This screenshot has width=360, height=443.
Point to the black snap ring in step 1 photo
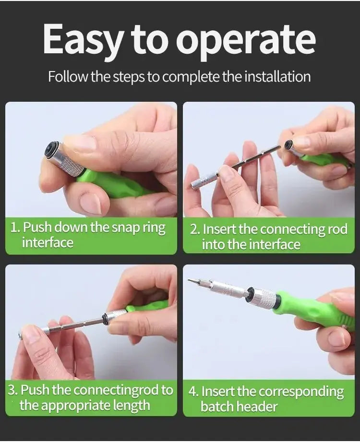click(51, 150)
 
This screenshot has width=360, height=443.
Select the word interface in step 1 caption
click(48, 242)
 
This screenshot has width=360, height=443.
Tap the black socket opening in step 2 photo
click(288, 144)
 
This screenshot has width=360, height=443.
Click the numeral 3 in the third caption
click(13, 390)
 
